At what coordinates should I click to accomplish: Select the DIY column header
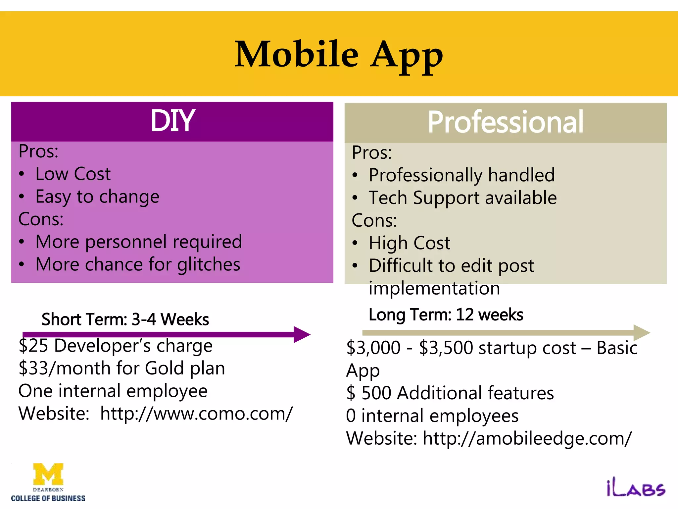click(x=172, y=121)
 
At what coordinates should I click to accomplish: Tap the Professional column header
click(x=505, y=122)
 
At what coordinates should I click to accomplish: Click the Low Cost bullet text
click(x=73, y=174)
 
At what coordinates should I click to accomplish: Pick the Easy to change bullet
click(x=97, y=197)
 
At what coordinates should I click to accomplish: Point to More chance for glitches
click(x=138, y=265)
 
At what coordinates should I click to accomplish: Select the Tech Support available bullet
click(x=462, y=198)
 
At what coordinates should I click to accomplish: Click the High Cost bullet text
click(x=410, y=243)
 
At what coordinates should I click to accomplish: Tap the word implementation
click(x=434, y=288)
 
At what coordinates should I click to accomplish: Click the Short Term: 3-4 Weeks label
click(x=125, y=319)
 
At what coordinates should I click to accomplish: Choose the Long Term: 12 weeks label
click(x=446, y=315)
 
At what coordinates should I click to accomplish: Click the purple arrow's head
click(x=302, y=334)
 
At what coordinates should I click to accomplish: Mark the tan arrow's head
click(x=641, y=333)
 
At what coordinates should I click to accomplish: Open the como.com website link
click(x=196, y=414)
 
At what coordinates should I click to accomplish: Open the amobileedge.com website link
click(x=527, y=438)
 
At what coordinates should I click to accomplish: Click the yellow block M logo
click(x=48, y=474)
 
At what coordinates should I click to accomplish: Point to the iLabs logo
click(x=636, y=489)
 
